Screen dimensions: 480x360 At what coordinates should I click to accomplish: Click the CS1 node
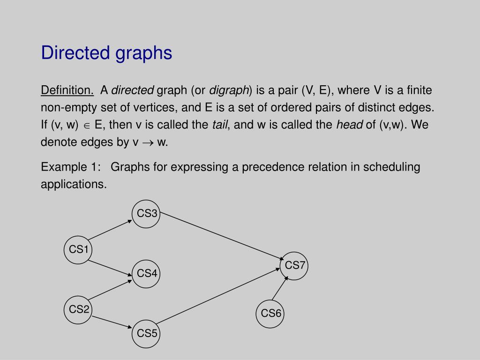[x=78, y=250]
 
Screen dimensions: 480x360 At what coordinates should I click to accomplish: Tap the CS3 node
[x=146, y=214]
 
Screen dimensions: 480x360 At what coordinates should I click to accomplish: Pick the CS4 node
[x=146, y=274]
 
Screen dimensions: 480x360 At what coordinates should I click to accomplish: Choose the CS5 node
[x=146, y=334]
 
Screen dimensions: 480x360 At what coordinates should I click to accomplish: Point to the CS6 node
[x=270, y=314]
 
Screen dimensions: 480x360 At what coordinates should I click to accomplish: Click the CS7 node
[x=294, y=266]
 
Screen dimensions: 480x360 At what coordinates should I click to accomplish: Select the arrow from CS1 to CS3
[x=110, y=230]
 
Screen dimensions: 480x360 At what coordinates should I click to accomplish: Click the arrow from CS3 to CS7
[x=222, y=236]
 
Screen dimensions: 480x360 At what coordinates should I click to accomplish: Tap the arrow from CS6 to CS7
[x=280, y=288]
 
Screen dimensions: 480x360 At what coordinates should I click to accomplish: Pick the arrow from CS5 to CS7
[x=218, y=296]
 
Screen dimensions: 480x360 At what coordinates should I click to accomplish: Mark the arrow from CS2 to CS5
[x=112, y=322]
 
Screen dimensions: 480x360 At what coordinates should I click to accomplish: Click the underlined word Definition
[x=67, y=90]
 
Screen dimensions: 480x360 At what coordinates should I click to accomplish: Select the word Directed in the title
[x=75, y=52]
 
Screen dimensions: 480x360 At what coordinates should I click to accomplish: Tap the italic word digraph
[x=229, y=90]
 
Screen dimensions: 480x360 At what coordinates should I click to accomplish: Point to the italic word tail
[x=220, y=125]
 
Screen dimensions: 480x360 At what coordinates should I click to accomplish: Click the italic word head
[x=350, y=125]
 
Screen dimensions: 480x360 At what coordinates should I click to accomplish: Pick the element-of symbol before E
[x=87, y=126]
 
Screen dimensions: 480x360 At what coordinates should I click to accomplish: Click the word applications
[x=74, y=184]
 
